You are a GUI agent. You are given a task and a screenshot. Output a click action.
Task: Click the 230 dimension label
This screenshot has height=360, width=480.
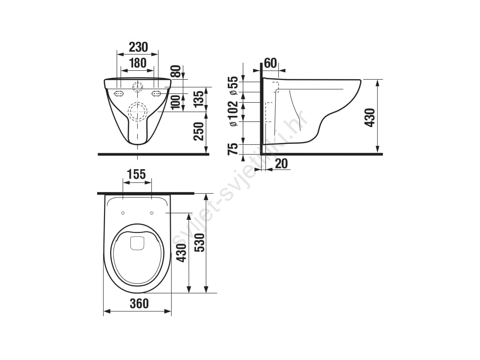pos(138,47)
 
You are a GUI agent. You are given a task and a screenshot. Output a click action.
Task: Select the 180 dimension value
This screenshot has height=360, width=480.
pos(138,63)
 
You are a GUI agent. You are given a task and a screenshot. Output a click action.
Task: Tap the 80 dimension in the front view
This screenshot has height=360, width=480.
pos(175,71)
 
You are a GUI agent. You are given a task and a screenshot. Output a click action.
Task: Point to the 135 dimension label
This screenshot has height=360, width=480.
pos(198,99)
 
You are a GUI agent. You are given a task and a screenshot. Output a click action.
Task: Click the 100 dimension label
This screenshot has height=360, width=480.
pos(175,102)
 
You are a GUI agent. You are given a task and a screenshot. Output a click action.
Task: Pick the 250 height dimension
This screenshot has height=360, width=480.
pos(199,131)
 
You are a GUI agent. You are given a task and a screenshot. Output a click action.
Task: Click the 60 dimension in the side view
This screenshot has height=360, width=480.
pos(270,63)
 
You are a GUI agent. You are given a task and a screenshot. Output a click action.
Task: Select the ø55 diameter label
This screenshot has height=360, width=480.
pos(233,86)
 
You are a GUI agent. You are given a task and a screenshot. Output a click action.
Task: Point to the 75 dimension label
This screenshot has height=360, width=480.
pos(233,149)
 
